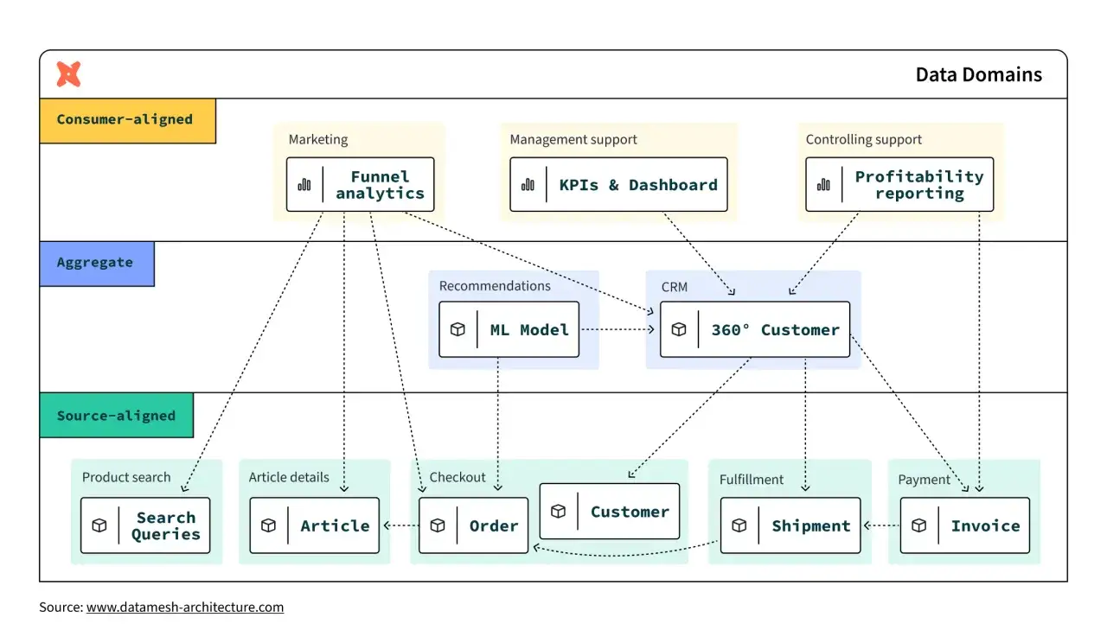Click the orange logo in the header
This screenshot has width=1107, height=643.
68,74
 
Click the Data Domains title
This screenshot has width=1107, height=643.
978,74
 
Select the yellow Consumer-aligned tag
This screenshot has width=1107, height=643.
127,120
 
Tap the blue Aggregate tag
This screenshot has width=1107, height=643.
97,264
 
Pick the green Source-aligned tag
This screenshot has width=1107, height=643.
117,416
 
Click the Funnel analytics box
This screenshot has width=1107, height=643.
361,185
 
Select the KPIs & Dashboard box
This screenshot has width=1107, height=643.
618,185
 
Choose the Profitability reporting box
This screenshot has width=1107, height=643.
899,185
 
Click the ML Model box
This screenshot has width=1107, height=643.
509,329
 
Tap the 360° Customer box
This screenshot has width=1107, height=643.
755,329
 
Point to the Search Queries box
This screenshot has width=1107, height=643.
145,525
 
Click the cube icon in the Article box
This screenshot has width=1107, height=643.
268,525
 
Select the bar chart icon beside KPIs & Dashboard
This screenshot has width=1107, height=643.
528,185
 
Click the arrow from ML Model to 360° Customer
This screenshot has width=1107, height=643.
617,329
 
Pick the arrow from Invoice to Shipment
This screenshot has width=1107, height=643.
881,525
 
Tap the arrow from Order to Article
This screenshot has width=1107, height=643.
401,525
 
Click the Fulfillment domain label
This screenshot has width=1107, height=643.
752,480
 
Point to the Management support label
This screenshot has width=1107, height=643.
573,140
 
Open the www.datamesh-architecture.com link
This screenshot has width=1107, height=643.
185,607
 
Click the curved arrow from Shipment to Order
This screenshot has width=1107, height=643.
625,555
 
